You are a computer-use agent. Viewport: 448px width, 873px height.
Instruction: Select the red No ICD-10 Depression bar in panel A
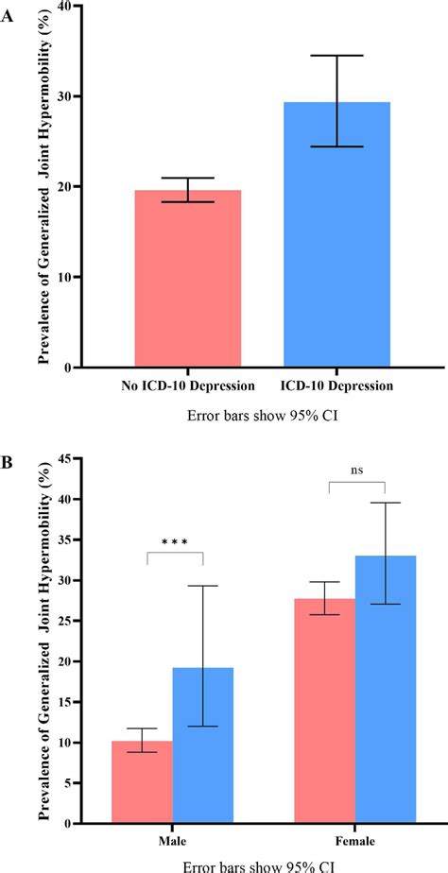[187, 279]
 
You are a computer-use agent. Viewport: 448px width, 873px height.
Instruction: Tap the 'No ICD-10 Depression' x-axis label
[187, 385]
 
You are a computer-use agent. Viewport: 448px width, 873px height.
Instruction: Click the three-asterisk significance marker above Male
[175, 542]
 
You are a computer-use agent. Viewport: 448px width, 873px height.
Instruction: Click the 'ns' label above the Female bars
[356, 470]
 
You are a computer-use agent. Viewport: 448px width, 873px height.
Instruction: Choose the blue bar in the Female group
[385, 689]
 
